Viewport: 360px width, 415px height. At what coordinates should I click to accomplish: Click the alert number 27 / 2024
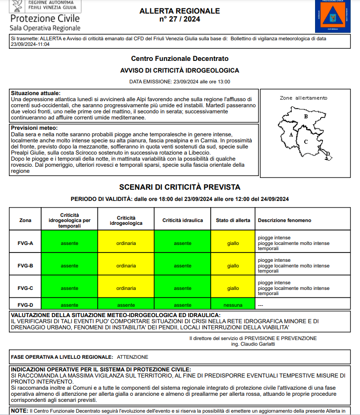click(x=180, y=20)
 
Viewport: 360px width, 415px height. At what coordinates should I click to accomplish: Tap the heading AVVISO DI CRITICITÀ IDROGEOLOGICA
click(x=180, y=70)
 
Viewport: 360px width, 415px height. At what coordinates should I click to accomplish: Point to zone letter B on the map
click(x=305, y=117)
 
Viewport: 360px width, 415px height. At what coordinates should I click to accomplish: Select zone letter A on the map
click(x=291, y=134)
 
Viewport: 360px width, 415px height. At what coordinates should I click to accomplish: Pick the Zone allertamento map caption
click(x=303, y=98)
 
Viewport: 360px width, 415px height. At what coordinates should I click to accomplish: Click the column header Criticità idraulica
click(x=183, y=220)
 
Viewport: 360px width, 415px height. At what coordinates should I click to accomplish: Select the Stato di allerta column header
click(x=233, y=220)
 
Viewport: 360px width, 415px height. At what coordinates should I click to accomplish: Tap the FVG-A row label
click(x=25, y=243)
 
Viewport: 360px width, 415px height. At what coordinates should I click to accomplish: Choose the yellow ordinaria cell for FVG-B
click(x=126, y=266)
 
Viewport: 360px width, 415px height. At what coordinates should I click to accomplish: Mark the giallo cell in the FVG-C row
click(x=233, y=288)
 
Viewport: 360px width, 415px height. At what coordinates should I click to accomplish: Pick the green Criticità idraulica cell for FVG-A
click(x=183, y=243)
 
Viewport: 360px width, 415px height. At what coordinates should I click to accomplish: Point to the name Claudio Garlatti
click(x=259, y=344)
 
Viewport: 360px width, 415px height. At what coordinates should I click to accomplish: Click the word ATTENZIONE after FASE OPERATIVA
click(x=132, y=357)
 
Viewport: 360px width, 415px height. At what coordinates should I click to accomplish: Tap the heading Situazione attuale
click(x=36, y=93)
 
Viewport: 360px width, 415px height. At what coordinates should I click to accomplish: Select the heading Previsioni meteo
click(x=34, y=128)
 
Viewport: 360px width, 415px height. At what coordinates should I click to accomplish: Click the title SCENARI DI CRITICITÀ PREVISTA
click(x=180, y=187)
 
